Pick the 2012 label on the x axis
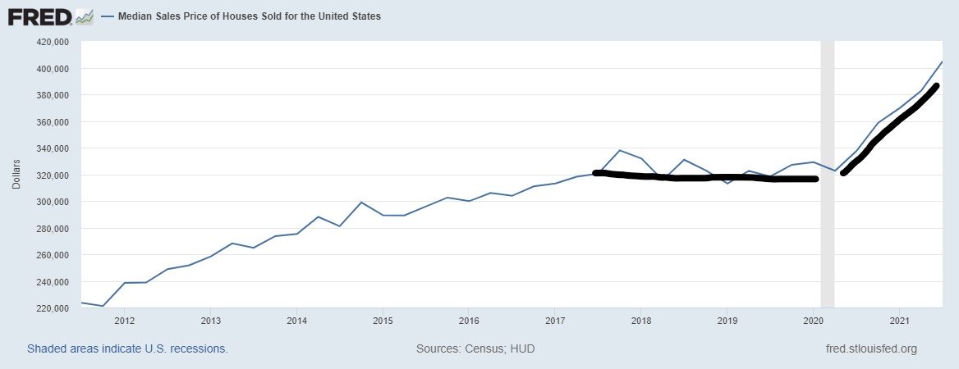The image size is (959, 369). [x=124, y=321]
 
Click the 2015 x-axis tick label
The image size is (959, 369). [x=382, y=321]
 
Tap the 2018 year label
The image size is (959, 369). [x=640, y=321]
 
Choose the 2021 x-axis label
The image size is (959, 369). [x=899, y=321]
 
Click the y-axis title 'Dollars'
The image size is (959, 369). [x=16, y=175]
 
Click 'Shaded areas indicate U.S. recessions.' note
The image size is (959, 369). [x=127, y=348]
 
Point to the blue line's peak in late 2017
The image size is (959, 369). [x=619, y=151]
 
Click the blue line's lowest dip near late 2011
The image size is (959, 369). [x=103, y=306]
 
